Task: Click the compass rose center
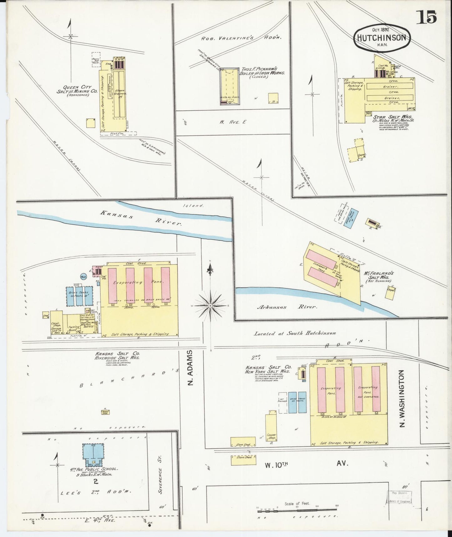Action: click(x=211, y=305)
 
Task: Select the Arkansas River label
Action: click(x=286, y=307)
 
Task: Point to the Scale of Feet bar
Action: click(x=297, y=512)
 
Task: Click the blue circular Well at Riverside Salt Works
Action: click(x=84, y=277)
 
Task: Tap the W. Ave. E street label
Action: click(x=232, y=122)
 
